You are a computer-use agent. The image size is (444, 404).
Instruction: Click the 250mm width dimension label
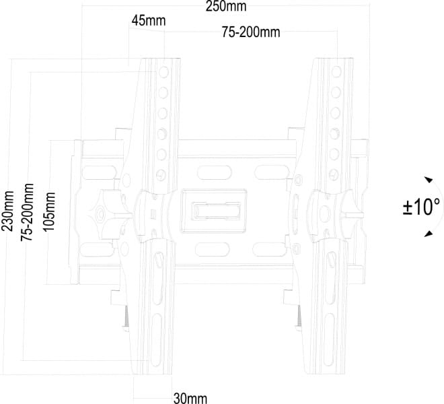225,6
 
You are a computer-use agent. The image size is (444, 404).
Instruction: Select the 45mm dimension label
149,21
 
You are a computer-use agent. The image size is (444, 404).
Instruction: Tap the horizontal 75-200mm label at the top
251,32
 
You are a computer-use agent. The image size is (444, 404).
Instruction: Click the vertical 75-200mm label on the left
27,212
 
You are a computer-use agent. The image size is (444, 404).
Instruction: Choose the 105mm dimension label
49,211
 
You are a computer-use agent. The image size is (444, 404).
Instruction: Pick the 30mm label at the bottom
190,398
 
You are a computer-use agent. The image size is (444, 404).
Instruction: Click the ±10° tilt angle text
421,207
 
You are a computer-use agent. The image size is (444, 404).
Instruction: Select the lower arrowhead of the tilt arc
429,234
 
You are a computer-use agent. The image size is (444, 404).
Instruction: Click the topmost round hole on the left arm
163,72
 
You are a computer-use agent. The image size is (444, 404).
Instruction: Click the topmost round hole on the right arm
336,72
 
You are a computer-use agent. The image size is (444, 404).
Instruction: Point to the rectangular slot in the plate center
216,211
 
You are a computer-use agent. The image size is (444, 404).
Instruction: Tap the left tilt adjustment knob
108,213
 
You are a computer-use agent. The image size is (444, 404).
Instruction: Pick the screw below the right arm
299,317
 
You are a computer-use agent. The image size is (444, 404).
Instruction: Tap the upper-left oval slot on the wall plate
99,172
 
